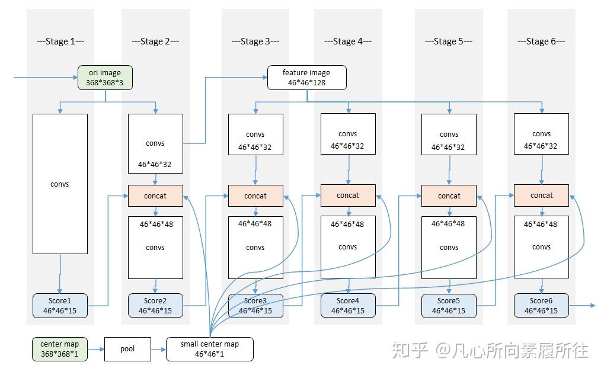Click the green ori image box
tap(105, 78)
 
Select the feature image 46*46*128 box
tap(306, 78)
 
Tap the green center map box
tap(59, 349)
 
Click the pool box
tap(127, 349)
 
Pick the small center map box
tap(210, 349)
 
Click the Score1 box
tap(59, 305)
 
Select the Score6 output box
tap(541, 305)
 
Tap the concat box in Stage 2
tap(155, 195)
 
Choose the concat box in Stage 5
tap(449, 195)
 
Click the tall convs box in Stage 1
tap(59, 184)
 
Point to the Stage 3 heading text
tap(255, 41)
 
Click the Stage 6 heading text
tap(541, 41)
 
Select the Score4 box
tap(348, 305)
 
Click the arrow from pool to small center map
tap(158, 350)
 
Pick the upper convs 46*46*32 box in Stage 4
tap(348, 140)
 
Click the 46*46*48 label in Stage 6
tap(541, 225)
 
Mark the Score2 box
tap(155, 305)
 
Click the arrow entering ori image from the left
tap(44, 78)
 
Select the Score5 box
tap(449, 305)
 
